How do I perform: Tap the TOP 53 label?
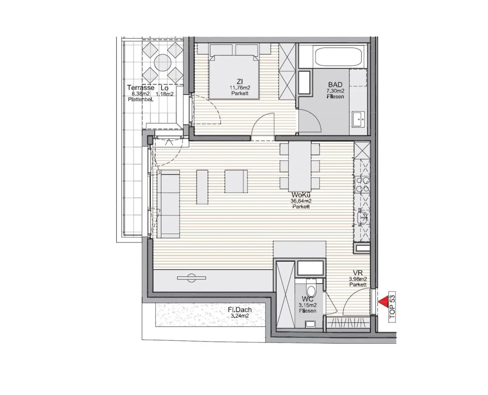[x=392, y=307]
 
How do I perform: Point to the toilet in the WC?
[x=311, y=289]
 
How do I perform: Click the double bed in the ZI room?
[x=233, y=76]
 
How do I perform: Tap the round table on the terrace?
[x=162, y=62]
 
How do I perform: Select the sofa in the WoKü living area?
[x=168, y=204]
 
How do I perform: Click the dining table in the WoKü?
[x=300, y=165]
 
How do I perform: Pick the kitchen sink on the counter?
[x=362, y=217]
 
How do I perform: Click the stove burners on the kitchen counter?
[x=363, y=185]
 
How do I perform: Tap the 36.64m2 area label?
[x=301, y=201]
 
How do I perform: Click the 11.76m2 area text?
[x=240, y=88]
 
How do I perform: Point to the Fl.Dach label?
[x=240, y=310]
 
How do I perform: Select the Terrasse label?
[x=141, y=88]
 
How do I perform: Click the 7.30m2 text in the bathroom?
[x=335, y=91]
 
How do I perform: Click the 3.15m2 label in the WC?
[x=308, y=305]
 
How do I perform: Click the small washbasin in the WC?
[x=310, y=324]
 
